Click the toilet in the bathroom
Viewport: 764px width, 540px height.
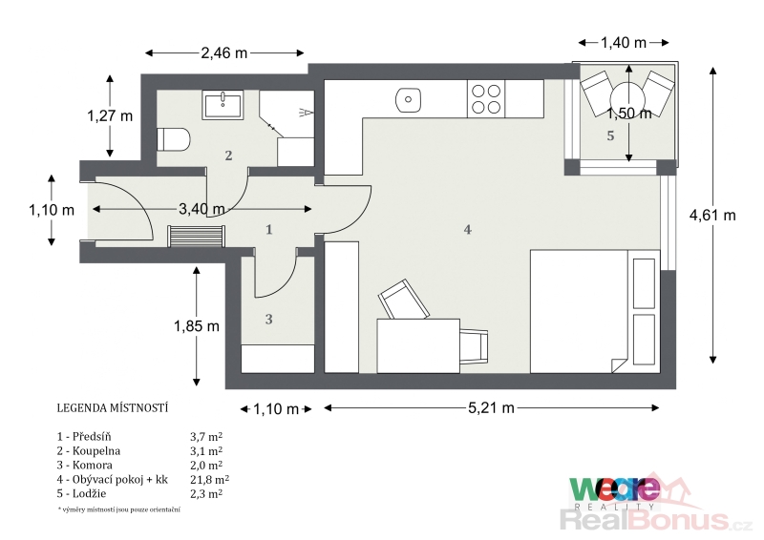173,139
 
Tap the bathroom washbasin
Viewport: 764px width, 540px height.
223,105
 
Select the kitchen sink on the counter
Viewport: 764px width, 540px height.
408,99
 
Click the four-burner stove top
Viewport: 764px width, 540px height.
486,99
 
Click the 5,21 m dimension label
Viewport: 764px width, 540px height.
491,407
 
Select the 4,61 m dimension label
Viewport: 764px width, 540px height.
712,215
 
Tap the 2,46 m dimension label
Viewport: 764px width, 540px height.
224,52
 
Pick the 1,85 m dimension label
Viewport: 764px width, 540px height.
197,325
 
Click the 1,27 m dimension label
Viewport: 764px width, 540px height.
110,115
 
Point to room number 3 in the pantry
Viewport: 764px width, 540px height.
268,320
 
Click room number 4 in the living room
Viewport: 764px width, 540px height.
467,229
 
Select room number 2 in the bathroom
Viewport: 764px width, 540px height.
228,156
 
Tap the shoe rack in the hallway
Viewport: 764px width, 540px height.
196,236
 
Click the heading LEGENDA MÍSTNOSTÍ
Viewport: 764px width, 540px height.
113,408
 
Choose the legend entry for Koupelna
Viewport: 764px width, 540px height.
89,451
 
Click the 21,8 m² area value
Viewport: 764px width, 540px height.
209,479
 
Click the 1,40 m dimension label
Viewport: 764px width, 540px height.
624,43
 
